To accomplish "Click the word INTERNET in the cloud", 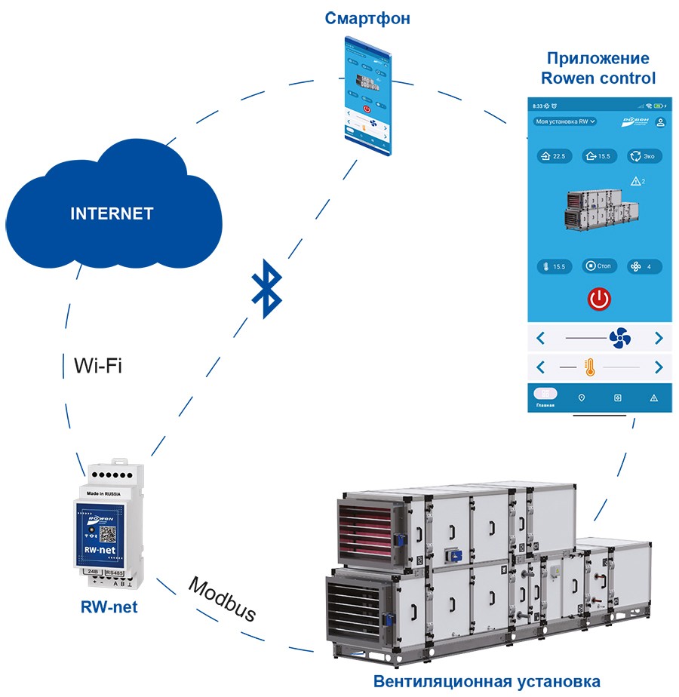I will click(112, 213).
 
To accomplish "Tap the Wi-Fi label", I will click(97, 367).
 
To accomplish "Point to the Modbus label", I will click(222, 600).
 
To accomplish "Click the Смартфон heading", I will click(367, 19).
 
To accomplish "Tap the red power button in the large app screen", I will click(598, 299).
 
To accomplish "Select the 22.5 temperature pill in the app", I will click(551, 156).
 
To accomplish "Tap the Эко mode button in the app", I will click(645, 156).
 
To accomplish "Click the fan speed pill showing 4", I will click(644, 266).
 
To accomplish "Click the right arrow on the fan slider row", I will click(659, 338).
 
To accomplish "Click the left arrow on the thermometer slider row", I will click(540, 367).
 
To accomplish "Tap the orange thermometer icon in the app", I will click(589, 367).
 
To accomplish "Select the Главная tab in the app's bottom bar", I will click(545, 398).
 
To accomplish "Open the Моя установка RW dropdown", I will click(564, 121).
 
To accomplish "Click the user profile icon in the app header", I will click(660, 121).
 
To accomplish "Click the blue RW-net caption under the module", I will click(109, 606).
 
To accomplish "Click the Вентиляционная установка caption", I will click(487, 682).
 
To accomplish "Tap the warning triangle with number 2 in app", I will click(636, 181).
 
